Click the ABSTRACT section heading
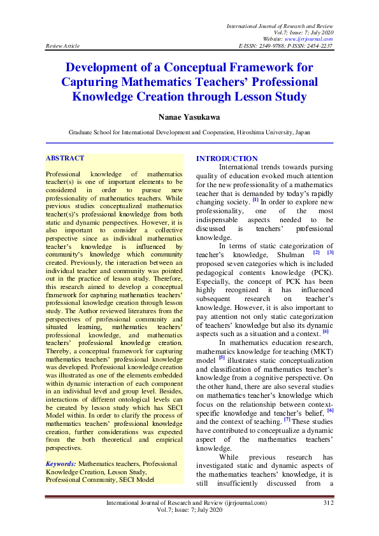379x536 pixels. [x=66, y=157]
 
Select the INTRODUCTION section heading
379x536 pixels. [x=227, y=159]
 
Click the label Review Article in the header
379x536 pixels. [x=63, y=46]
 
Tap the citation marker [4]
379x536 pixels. [x=325, y=330]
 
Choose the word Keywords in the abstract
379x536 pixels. [x=61, y=464]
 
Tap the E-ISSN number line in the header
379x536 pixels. [x=285, y=46]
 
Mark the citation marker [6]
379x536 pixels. [x=330, y=411]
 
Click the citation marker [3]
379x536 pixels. [x=331, y=253]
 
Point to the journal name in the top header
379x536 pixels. [x=280, y=24]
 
